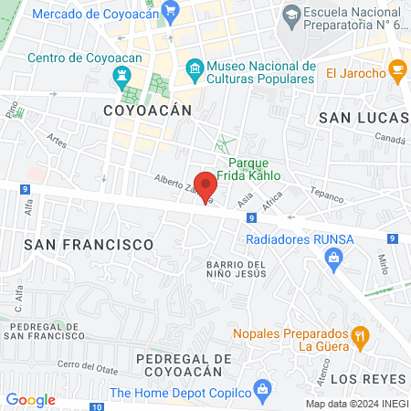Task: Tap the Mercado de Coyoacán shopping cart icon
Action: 169,10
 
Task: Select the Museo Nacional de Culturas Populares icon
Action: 195,68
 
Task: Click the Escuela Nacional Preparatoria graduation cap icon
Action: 291,13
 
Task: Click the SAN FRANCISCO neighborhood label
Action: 89,245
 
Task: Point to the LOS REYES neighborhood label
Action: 367,378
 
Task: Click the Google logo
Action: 31,399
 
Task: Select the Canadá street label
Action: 391,138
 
